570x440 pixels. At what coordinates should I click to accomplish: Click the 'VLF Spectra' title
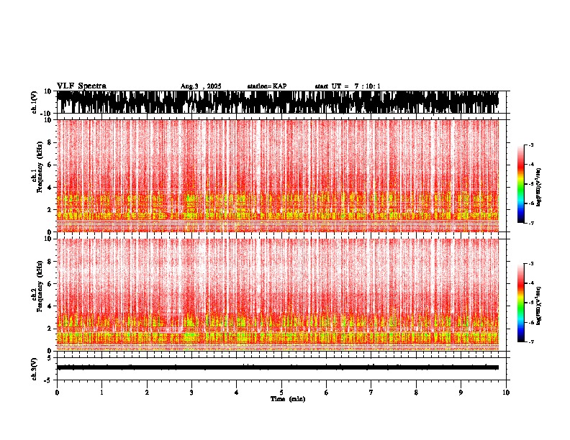[x=81, y=86]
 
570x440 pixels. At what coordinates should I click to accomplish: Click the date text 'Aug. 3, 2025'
[x=200, y=86]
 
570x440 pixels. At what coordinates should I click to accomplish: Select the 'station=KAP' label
[x=266, y=86]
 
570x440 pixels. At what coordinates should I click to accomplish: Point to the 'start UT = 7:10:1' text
[x=348, y=86]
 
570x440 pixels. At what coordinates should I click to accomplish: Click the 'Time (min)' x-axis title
[x=287, y=398]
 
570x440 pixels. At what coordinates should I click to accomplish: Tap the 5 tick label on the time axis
[x=281, y=393]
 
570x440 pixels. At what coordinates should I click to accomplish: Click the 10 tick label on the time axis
[x=506, y=393]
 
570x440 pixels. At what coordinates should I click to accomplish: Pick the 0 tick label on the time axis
[x=57, y=393]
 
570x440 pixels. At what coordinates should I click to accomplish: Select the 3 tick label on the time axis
[x=191, y=393]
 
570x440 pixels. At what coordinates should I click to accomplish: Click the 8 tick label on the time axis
[x=416, y=393]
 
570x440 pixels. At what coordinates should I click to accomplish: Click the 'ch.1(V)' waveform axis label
[x=35, y=102]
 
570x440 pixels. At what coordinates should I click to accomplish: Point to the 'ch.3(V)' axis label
[x=35, y=367]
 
